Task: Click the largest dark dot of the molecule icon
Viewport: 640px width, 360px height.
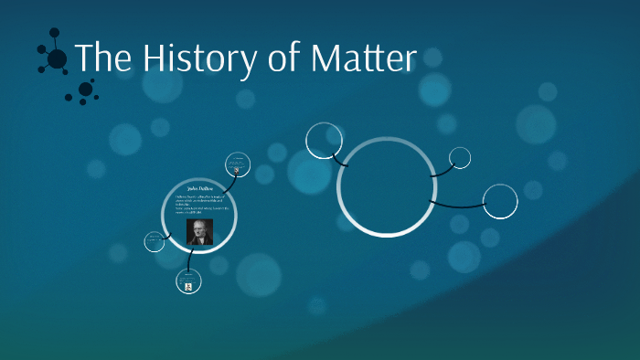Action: point(57,59)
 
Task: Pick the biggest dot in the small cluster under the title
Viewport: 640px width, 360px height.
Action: point(85,89)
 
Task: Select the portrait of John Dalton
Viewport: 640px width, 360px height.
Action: point(199,232)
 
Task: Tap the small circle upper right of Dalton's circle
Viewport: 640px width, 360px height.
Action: point(238,164)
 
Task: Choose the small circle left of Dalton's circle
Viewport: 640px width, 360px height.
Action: point(155,241)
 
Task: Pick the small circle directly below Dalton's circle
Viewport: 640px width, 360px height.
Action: point(188,282)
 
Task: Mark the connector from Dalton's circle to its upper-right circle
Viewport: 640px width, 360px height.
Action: point(225,179)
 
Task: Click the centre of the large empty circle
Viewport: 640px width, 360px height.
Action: point(386,185)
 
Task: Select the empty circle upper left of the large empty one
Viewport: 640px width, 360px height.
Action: point(324,140)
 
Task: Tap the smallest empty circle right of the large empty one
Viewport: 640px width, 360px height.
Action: point(460,157)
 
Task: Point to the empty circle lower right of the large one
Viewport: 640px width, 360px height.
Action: point(500,201)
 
